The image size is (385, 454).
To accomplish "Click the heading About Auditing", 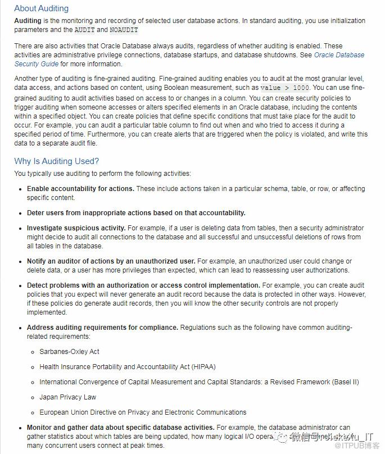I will coord(41,8).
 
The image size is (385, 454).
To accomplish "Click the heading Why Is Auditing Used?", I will coord(56,161).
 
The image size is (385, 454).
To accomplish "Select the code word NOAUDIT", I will coord(124,30).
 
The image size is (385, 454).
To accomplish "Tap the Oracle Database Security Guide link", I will coord(339,55).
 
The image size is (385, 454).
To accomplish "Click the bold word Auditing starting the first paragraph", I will coord(28,21).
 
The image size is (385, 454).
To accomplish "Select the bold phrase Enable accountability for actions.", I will coord(80,189).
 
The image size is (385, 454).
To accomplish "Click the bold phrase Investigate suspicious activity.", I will coord(76,228).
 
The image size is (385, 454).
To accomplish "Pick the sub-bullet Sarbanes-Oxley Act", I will coord(69,351).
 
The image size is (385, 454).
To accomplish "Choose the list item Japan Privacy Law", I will coord(67,397).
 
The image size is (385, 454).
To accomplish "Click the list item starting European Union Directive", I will coord(143,412).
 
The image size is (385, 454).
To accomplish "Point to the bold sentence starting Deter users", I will coord(136,213).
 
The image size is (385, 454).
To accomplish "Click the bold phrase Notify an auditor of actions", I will coord(111,261).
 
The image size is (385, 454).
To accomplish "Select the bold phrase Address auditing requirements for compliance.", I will coord(102,328).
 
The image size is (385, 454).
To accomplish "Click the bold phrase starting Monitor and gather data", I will coord(120,428).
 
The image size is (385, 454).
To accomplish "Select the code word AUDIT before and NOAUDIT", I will coord(84,30).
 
